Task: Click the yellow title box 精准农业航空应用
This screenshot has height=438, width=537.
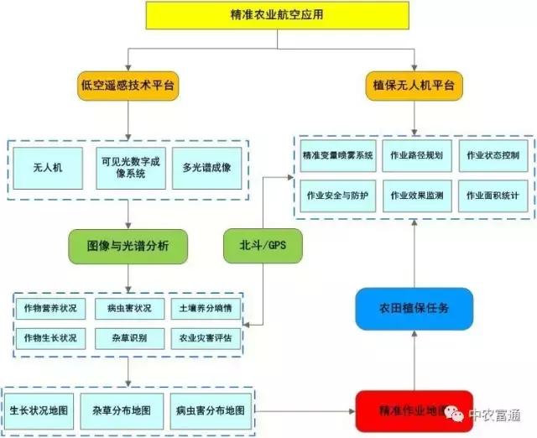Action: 266,14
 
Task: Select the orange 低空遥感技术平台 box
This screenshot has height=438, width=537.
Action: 128,86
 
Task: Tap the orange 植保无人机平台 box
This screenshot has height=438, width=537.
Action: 414,86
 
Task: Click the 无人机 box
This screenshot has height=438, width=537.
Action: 48,168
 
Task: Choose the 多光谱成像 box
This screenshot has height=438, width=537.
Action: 206,168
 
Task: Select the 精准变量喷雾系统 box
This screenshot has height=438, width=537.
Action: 337,156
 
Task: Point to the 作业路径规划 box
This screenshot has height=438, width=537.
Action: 417,156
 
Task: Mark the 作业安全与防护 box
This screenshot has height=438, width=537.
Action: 337,196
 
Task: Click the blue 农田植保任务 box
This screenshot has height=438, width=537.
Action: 414,308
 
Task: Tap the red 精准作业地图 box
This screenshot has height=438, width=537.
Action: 414,410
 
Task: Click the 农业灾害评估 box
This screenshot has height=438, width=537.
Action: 206,337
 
